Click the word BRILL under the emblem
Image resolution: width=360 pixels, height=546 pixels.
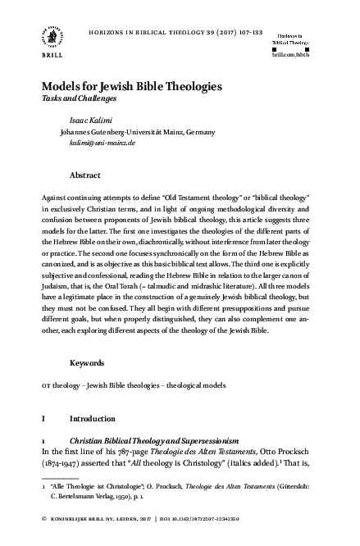(x=43, y=57)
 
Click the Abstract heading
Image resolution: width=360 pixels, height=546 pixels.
(x=85, y=175)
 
